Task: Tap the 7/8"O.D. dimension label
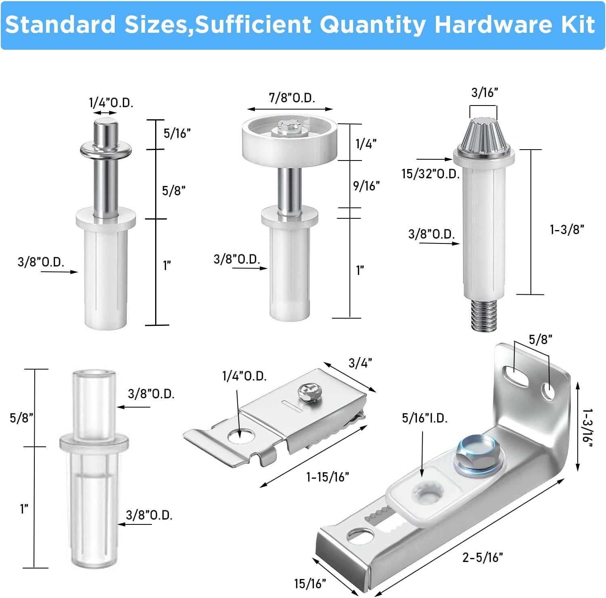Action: (292, 98)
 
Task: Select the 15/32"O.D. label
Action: (430, 174)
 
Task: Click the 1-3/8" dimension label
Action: (567, 230)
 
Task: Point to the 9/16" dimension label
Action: (366, 186)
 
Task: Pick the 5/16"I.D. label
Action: (425, 418)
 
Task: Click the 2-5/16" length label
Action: (482, 558)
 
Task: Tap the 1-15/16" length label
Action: (327, 477)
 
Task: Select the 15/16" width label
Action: (309, 583)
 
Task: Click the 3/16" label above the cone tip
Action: (484, 93)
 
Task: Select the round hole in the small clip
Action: (241, 436)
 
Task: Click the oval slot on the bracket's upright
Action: (515, 375)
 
